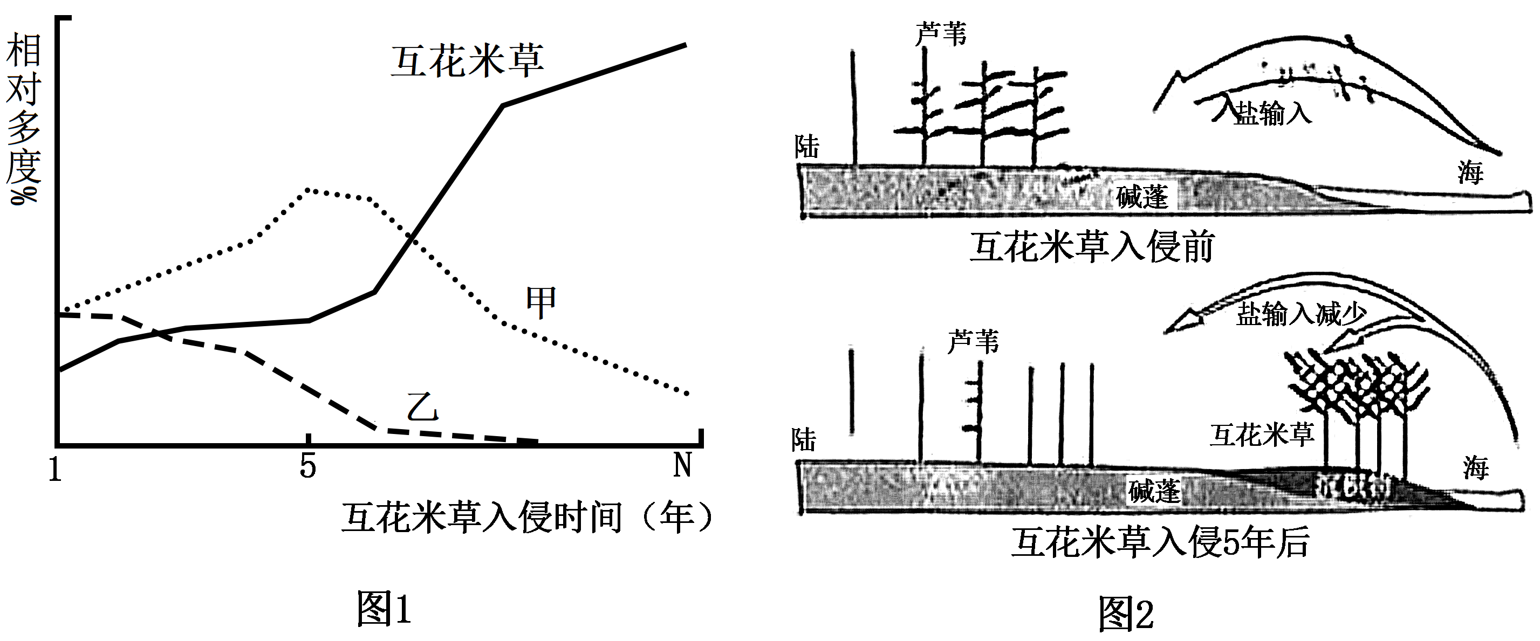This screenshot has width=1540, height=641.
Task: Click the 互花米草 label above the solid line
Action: [x=468, y=61]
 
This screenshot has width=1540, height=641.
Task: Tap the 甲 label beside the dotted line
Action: [x=541, y=303]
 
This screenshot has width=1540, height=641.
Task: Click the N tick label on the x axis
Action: [x=683, y=464]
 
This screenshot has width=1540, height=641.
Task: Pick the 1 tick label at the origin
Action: [x=55, y=469]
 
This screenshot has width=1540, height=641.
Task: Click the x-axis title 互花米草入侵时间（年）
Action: [x=529, y=517]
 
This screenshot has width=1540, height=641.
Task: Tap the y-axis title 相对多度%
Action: [x=23, y=118]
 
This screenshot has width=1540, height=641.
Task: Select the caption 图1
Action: [x=384, y=609]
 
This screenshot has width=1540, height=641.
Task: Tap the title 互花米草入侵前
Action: [x=1092, y=247]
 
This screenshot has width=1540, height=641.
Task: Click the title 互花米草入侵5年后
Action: [x=1160, y=542]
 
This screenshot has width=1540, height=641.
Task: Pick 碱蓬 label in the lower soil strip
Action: [x=1154, y=492]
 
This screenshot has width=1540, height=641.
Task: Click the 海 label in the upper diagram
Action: [x=1470, y=173]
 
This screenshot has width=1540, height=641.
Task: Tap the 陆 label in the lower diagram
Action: [x=804, y=441]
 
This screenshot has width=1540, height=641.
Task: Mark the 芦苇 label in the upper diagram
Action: [x=940, y=34]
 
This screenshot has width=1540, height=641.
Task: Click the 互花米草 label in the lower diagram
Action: [x=1262, y=435]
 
